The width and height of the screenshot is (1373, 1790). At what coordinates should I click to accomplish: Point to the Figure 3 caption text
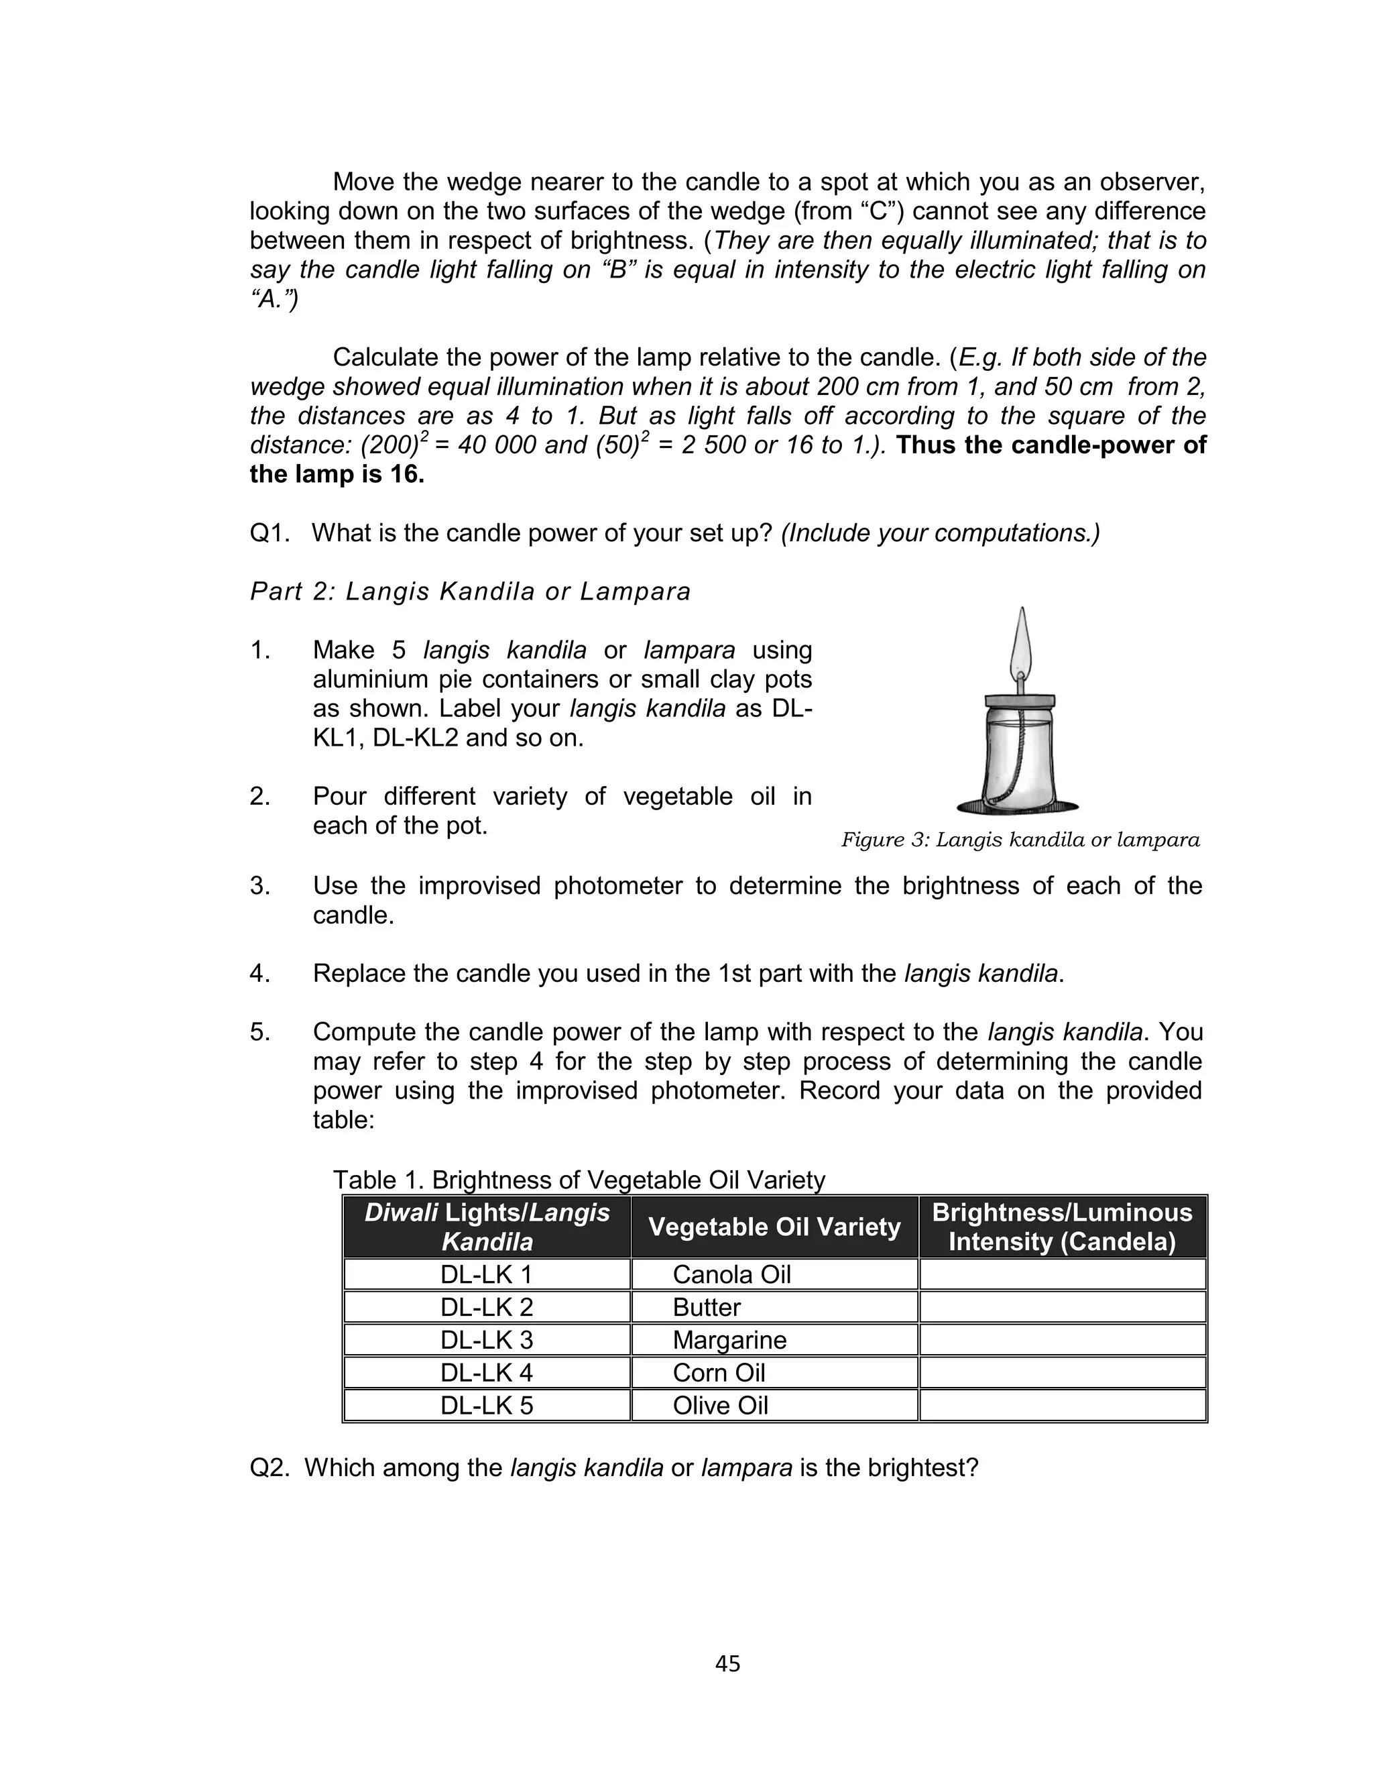(x=1020, y=840)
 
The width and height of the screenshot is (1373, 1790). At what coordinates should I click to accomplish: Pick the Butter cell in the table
(x=706, y=1307)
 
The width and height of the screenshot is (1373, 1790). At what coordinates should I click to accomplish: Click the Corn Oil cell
(x=719, y=1372)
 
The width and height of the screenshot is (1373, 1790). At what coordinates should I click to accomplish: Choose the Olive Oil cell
(x=720, y=1405)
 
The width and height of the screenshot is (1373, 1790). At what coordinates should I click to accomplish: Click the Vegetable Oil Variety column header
(x=774, y=1227)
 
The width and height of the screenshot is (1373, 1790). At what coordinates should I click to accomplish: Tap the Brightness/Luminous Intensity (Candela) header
(x=1062, y=1227)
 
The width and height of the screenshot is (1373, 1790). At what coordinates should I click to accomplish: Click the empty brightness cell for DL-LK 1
(x=1062, y=1274)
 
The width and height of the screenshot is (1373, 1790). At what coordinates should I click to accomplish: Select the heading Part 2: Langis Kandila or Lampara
(x=470, y=591)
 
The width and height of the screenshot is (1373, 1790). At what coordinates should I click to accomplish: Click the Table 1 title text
(x=579, y=1180)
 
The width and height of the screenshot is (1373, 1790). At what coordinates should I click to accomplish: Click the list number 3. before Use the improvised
(x=260, y=885)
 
